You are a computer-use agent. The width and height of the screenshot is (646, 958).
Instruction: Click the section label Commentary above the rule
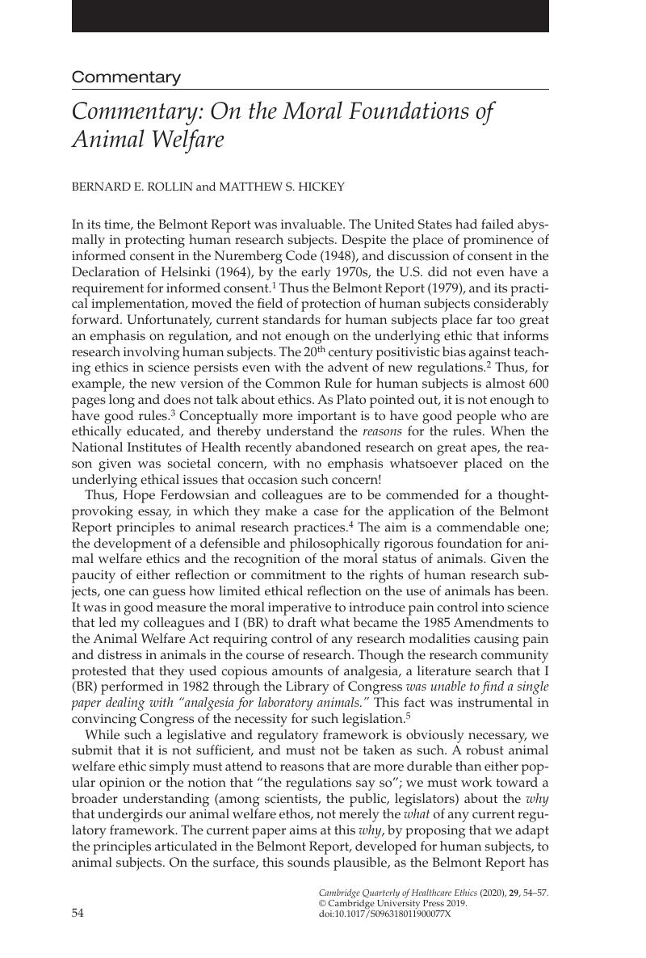point(126,78)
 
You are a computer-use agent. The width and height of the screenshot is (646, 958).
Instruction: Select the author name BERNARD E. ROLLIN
point(132,187)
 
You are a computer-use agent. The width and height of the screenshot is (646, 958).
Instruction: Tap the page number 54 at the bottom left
point(78,912)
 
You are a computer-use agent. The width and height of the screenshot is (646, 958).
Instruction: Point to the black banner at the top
point(310,15)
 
